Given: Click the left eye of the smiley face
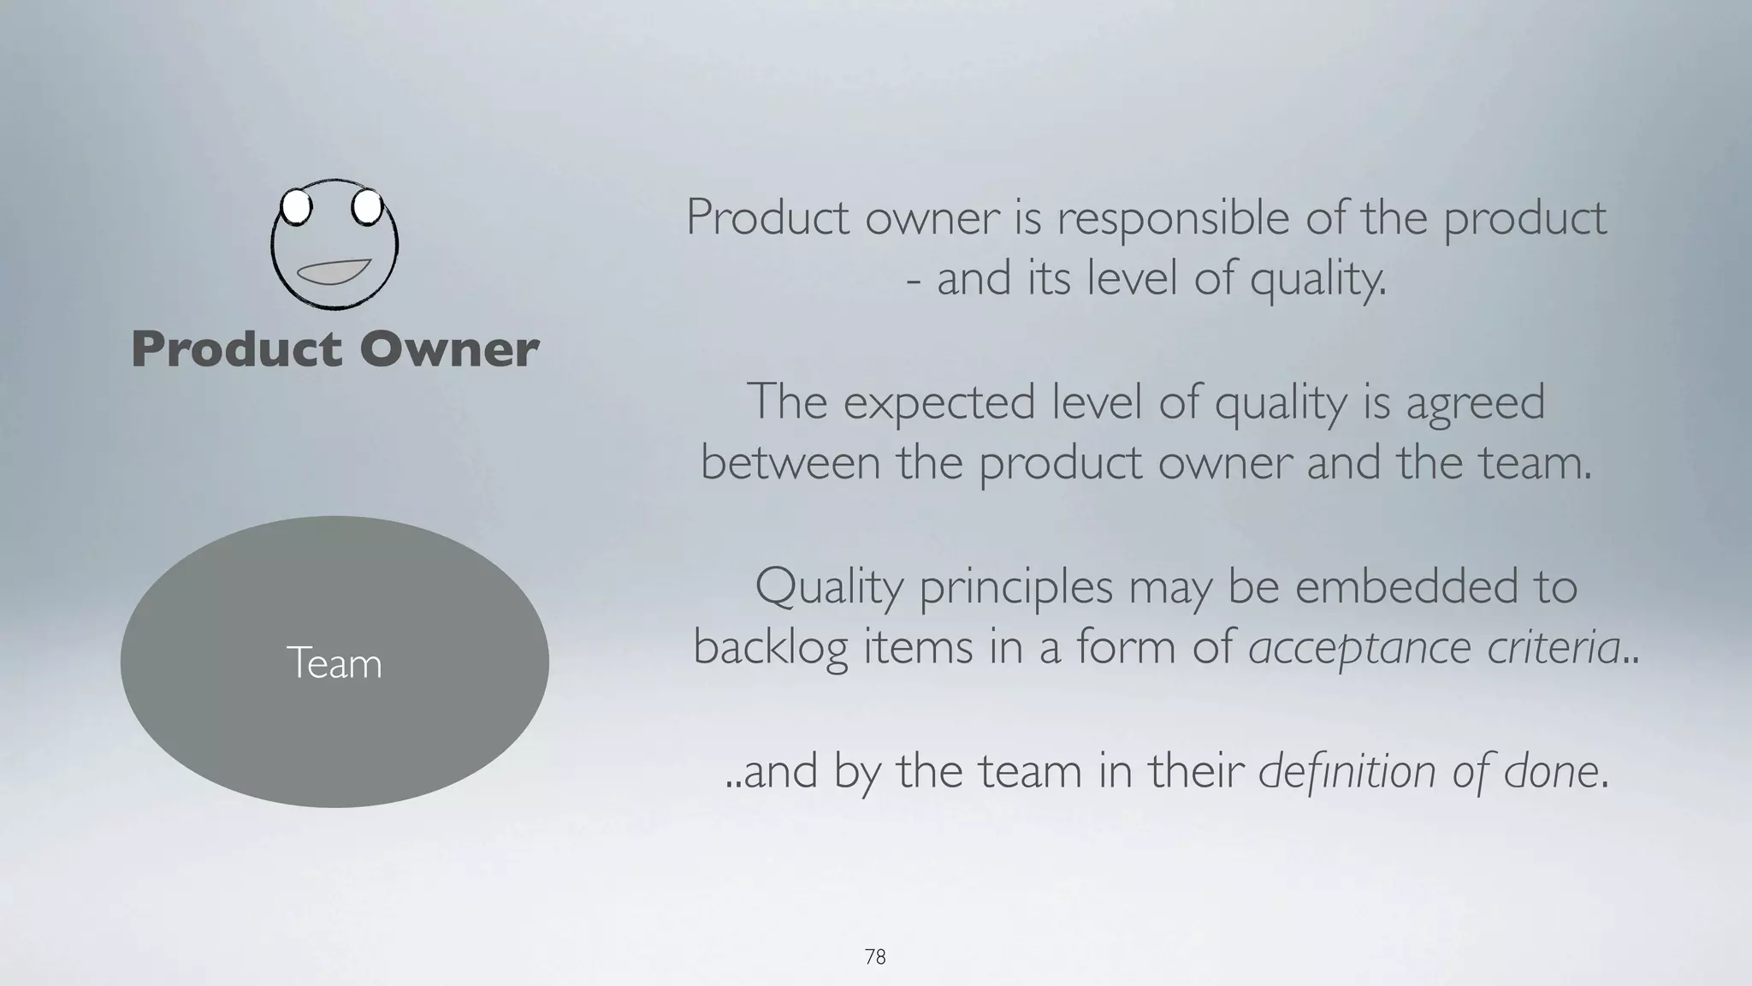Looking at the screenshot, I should [295, 207].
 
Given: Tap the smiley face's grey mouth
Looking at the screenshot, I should [333, 271].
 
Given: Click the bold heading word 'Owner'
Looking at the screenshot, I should [449, 349].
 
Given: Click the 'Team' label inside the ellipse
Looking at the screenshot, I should [334, 663].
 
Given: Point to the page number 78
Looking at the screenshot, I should [875, 957].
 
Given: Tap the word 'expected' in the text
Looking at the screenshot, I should [938, 402].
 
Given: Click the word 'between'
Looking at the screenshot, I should [790, 463].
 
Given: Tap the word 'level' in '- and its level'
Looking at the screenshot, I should [1116, 279].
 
